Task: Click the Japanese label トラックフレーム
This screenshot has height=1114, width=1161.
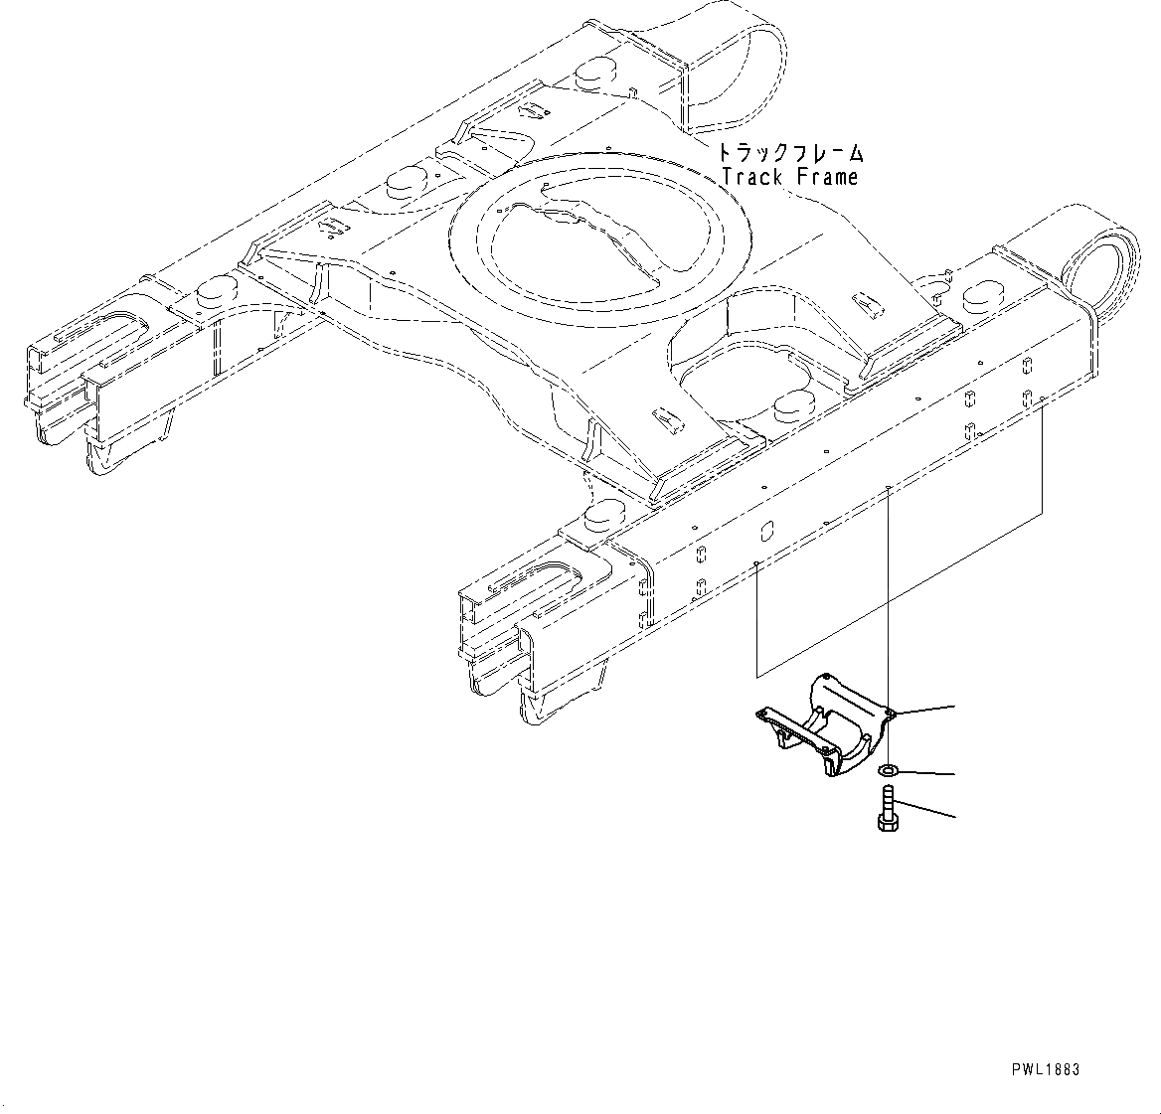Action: click(791, 154)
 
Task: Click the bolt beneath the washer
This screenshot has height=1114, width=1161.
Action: click(888, 808)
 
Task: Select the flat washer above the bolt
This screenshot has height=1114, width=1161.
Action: click(887, 769)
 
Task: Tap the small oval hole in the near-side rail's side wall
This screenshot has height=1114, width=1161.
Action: click(766, 529)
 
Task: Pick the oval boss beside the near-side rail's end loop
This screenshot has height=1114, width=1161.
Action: click(983, 294)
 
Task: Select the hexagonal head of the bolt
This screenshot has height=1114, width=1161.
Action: click(888, 823)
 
